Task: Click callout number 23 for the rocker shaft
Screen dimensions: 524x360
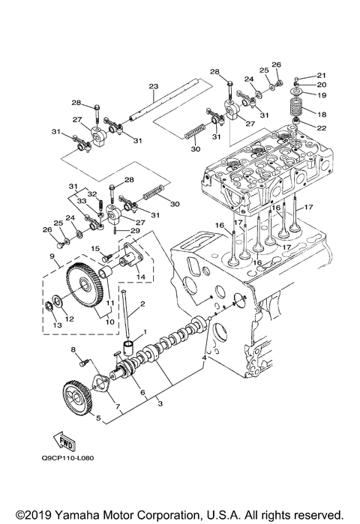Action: [x=152, y=87]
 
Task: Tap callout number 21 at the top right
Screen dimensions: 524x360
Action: [x=321, y=76]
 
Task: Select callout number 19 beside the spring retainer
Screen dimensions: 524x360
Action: [x=321, y=95]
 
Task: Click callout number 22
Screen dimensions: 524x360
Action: [x=321, y=128]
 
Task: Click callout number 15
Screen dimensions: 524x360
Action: [x=96, y=248]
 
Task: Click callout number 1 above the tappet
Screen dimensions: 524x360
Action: [x=145, y=331]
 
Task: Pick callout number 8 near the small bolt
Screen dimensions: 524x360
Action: [x=73, y=350]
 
